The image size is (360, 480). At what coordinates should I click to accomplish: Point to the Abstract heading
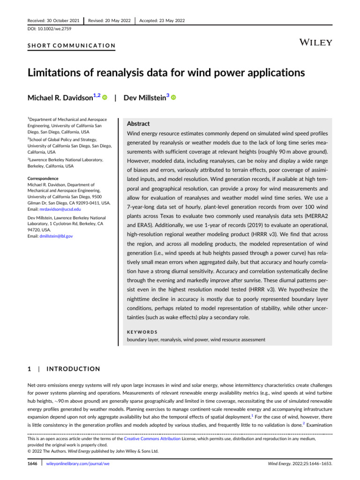(x=138, y=124)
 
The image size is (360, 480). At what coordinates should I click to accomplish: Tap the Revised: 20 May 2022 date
(x=109, y=20)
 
